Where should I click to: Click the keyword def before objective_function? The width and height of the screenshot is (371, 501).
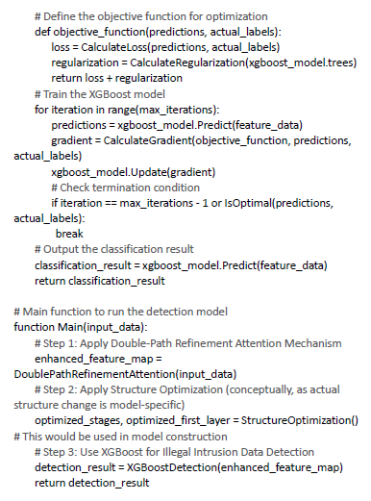pos(43,32)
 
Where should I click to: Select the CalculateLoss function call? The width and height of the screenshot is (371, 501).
pos(181,47)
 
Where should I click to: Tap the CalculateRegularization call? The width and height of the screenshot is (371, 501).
pos(243,63)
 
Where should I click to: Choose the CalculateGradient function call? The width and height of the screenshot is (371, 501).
pos(227,140)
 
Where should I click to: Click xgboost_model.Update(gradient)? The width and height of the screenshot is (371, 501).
pos(134,172)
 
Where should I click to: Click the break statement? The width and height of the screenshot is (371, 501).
pos(69,234)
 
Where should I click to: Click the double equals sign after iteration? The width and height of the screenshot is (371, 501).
pos(111,204)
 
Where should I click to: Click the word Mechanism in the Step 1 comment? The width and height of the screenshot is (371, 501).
pos(313,343)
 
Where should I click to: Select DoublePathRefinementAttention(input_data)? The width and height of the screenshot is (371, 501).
pos(125,374)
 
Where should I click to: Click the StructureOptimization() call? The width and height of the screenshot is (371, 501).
pos(300,420)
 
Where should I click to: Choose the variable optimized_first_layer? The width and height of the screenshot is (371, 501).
pos(178,420)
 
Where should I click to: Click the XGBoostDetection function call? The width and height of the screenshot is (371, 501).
pos(235,467)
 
